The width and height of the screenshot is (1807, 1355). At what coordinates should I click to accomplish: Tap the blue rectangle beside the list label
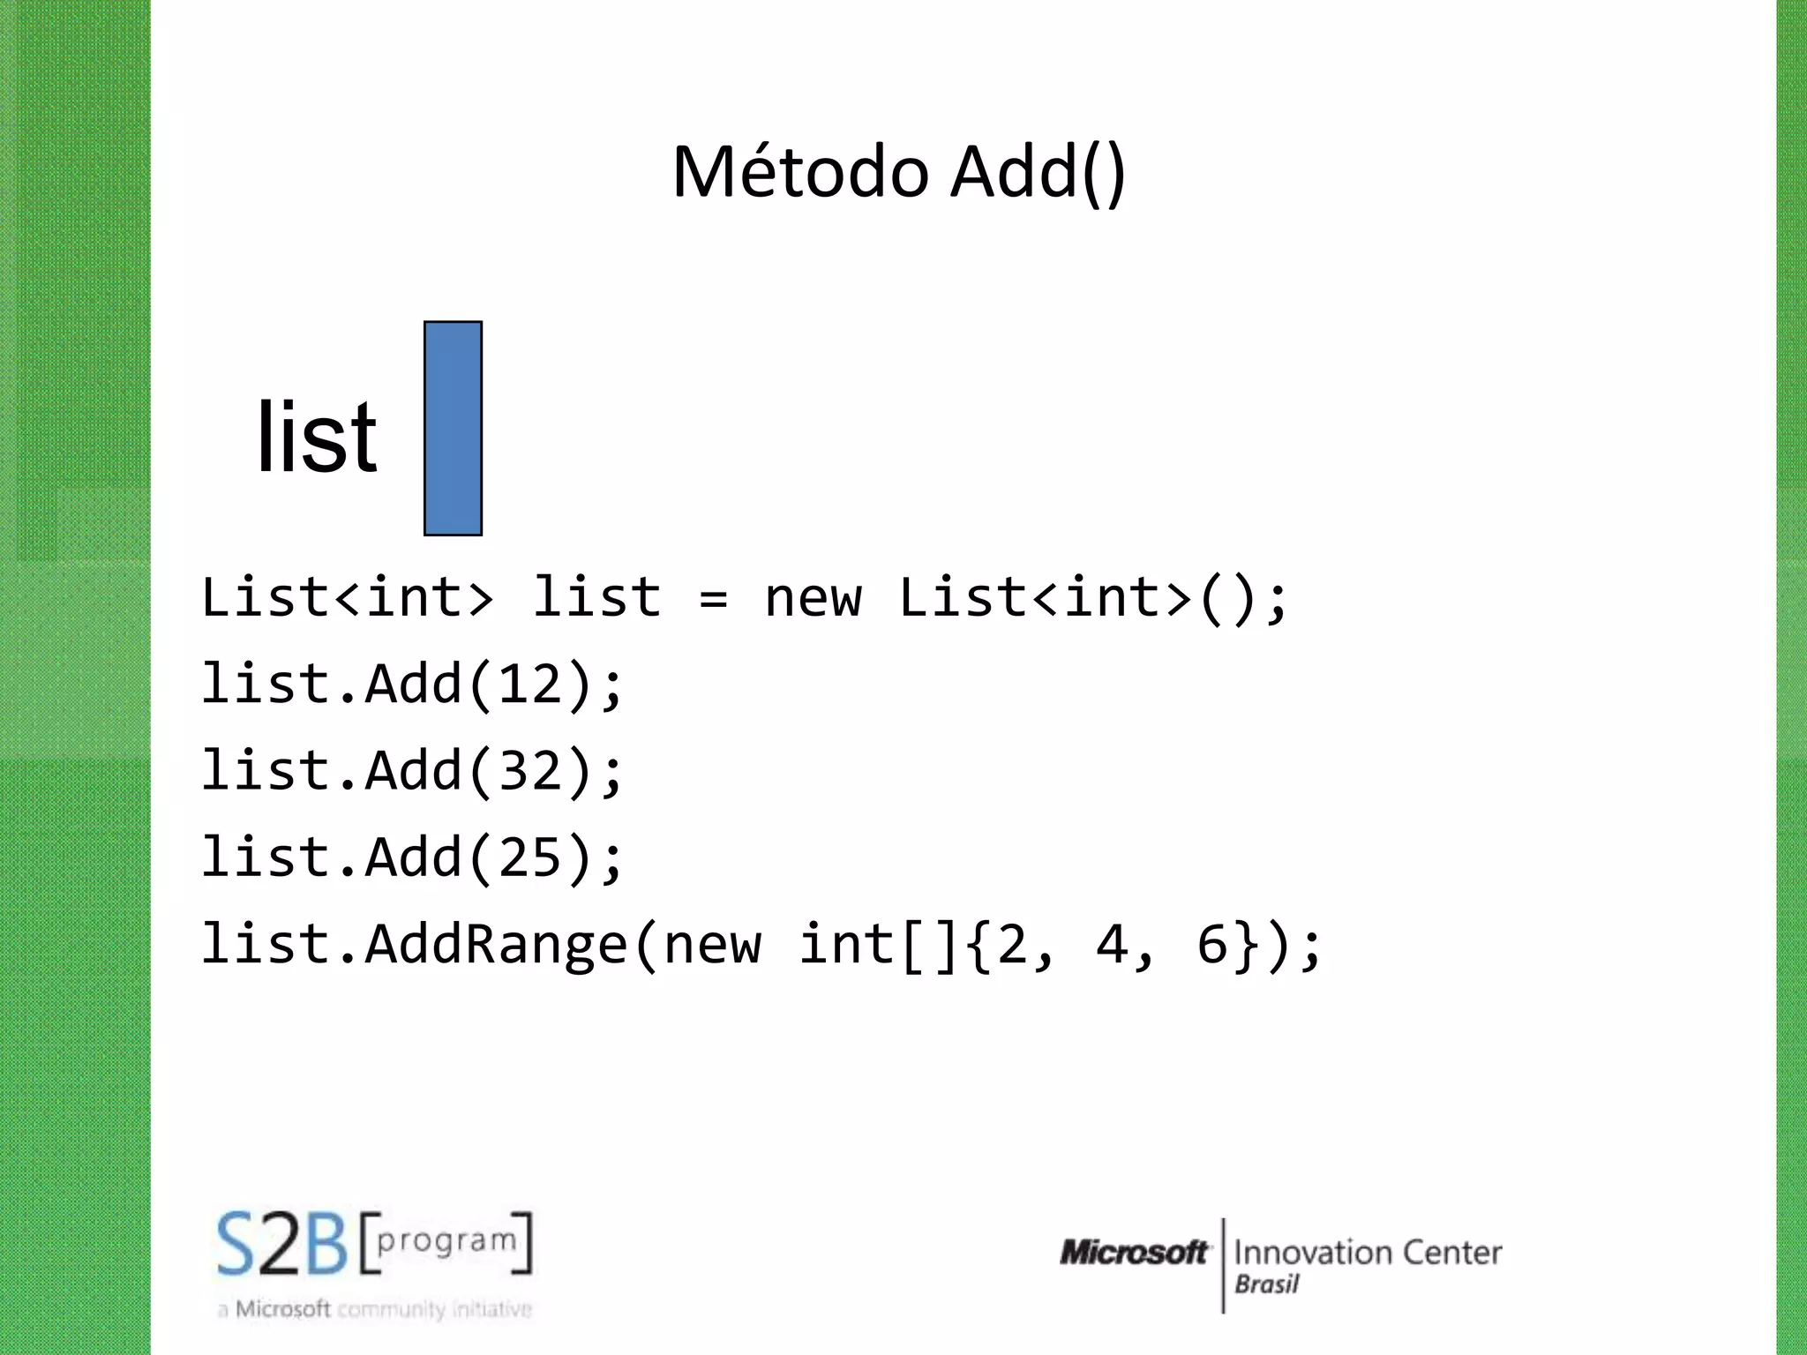[453, 429]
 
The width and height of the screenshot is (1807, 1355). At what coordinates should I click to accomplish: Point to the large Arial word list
[316, 437]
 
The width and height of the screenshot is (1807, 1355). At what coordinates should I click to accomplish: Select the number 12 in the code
[530, 684]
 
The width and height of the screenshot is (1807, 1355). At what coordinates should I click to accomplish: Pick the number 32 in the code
[530, 770]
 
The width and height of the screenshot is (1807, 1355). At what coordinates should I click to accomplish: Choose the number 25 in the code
[530, 857]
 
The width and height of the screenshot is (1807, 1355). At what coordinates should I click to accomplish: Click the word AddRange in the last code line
[496, 944]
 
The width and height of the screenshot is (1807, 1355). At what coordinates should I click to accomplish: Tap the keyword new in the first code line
[813, 598]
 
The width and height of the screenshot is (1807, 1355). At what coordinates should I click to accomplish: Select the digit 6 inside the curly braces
[1212, 944]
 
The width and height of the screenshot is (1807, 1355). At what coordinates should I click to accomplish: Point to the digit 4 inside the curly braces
[1112, 944]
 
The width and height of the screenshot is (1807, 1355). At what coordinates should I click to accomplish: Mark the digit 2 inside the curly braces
[1012, 944]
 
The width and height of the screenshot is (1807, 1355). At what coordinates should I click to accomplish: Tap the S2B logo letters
[282, 1244]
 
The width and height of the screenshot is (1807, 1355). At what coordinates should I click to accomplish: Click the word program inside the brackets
[446, 1240]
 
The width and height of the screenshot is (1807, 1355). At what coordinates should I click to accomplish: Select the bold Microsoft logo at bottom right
[1133, 1253]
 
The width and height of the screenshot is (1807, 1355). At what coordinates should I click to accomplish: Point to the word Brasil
[1266, 1284]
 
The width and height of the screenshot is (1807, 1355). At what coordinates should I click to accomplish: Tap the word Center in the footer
[1452, 1253]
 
